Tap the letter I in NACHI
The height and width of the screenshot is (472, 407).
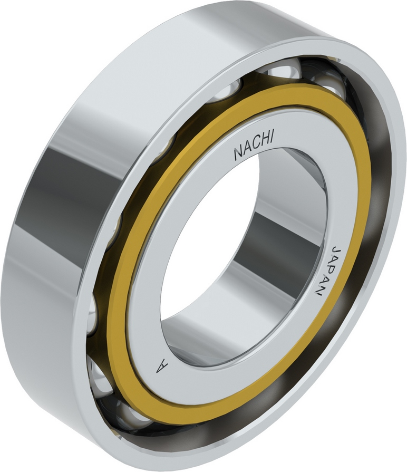click(x=272, y=138)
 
